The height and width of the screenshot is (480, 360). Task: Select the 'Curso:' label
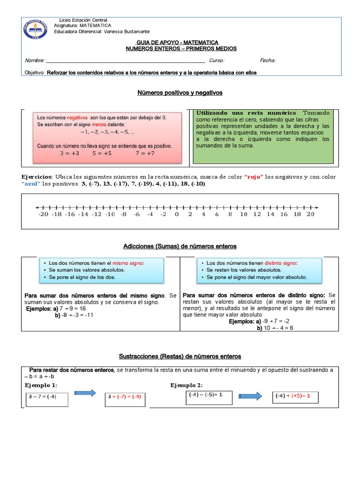pyautogui.click(x=217, y=60)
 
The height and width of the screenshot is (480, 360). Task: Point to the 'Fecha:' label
pyautogui.click(x=268, y=60)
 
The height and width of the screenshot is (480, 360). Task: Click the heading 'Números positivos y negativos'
pyautogui.click(x=180, y=93)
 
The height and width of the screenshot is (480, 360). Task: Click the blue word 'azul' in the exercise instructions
pyautogui.click(x=31, y=184)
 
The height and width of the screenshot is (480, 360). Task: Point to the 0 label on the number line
pyautogui.click(x=177, y=214)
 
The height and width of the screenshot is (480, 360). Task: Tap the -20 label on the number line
pyautogui.click(x=44, y=214)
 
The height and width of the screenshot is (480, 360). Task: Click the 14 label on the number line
pyautogui.click(x=270, y=214)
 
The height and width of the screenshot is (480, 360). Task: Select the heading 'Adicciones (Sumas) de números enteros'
pyautogui.click(x=180, y=246)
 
